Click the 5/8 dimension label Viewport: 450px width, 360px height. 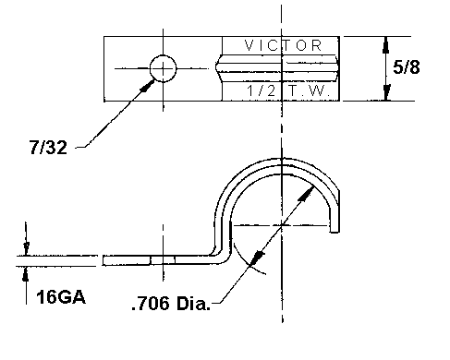[x=407, y=67]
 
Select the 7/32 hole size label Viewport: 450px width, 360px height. [x=48, y=147]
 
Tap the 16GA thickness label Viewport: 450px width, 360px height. [x=61, y=297]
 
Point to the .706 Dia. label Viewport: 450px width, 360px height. [x=171, y=304]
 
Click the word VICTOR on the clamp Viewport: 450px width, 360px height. [x=283, y=45]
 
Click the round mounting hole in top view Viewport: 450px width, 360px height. [x=164, y=68]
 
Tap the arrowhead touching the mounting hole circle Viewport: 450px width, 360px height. [x=148, y=86]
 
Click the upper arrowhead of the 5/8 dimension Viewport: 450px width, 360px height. [x=386, y=45]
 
